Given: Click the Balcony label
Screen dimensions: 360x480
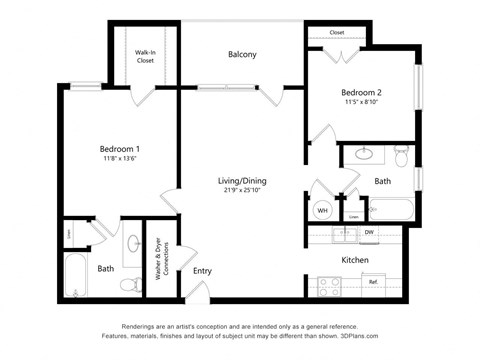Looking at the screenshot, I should click(x=242, y=54).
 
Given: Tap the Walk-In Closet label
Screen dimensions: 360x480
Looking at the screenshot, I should click(x=146, y=56).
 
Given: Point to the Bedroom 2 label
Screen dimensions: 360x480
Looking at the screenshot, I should click(x=361, y=93).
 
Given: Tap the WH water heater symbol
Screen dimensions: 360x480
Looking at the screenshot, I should click(x=322, y=211).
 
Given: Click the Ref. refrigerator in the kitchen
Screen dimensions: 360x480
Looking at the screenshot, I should click(x=373, y=283).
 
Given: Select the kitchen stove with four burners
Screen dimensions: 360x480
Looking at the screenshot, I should click(x=328, y=284).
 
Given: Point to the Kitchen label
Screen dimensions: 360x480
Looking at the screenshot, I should click(x=354, y=260).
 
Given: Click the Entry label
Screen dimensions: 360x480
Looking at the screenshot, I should click(x=202, y=271).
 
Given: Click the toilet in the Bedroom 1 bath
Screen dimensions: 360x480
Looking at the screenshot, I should click(x=127, y=284).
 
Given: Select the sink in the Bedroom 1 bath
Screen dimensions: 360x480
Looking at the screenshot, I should click(x=134, y=244).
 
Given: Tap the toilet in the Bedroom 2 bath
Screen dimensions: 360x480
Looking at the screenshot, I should click(x=402, y=156).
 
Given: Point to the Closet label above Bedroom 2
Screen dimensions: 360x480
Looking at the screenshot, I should click(x=337, y=32).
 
